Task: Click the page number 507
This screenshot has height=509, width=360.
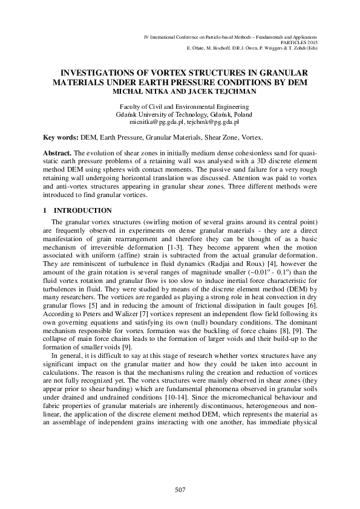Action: click(180, 489)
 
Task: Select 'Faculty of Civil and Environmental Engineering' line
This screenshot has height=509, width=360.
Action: click(180, 105)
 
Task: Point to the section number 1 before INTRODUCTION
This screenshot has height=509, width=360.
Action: click(45, 210)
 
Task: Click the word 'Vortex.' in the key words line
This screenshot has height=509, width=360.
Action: click(251, 138)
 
